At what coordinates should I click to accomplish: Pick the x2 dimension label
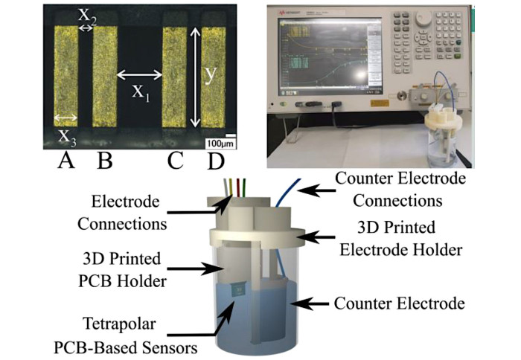[88, 14]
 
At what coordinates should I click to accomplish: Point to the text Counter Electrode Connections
[400, 190]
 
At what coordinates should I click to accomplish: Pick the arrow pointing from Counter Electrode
[313, 302]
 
